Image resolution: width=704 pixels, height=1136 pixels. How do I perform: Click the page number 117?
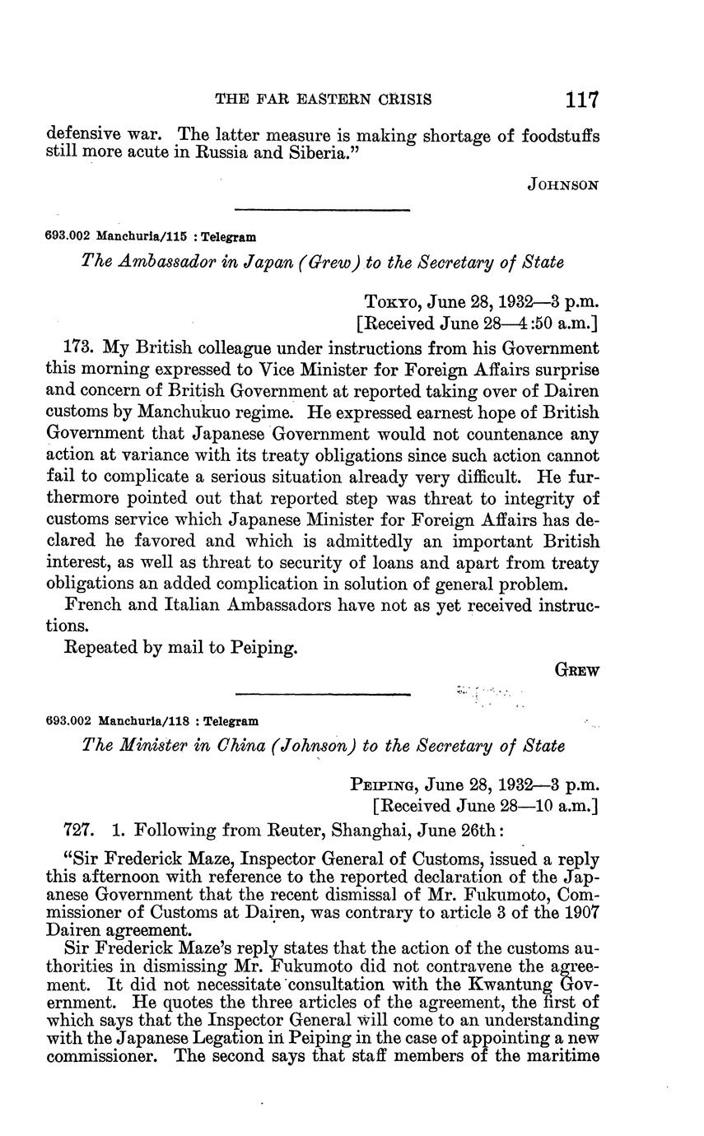click(x=581, y=100)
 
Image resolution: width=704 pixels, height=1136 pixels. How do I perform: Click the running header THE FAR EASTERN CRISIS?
click(x=323, y=100)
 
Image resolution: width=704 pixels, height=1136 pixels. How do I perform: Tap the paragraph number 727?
click(x=81, y=830)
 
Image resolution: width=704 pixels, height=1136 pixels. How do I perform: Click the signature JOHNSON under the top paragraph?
click(x=562, y=185)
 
